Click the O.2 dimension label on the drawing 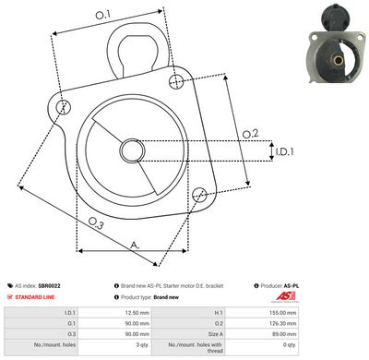(250, 135)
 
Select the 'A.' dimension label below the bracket (135, 245)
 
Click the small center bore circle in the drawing (131, 151)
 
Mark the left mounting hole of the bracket (63, 108)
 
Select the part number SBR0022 (51, 287)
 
